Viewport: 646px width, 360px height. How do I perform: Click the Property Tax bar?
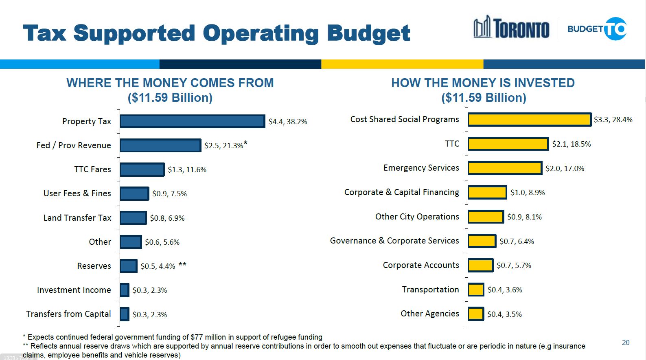(x=192, y=121)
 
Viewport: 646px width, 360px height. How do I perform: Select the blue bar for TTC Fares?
(x=142, y=169)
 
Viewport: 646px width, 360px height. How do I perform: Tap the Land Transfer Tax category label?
(x=77, y=218)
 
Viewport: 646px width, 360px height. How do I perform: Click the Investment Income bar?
(x=125, y=290)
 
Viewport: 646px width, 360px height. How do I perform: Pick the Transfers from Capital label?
(x=68, y=314)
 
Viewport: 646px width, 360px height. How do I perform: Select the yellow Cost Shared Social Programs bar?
(x=529, y=119)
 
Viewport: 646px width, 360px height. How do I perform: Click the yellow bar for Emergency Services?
(x=505, y=168)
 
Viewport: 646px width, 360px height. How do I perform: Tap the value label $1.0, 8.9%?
(x=528, y=193)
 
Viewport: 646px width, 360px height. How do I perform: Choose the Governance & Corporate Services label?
(x=394, y=241)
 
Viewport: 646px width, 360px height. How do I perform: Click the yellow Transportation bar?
(x=476, y=290)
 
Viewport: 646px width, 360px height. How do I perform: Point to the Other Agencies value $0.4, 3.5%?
(x=504, y=314)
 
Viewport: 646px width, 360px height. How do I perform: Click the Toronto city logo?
(x=511, y=28)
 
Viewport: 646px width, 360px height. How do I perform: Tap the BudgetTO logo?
(x=597, y=29)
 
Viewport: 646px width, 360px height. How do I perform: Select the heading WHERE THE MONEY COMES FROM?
(x=170, y=83)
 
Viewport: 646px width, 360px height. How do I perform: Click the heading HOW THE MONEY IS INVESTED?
(x=483, y=83)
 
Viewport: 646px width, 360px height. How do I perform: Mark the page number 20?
(x=626, y=342)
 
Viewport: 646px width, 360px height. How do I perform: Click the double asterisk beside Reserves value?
(x=182, y=265)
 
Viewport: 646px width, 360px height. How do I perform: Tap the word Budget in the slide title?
(x=368, y=33)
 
